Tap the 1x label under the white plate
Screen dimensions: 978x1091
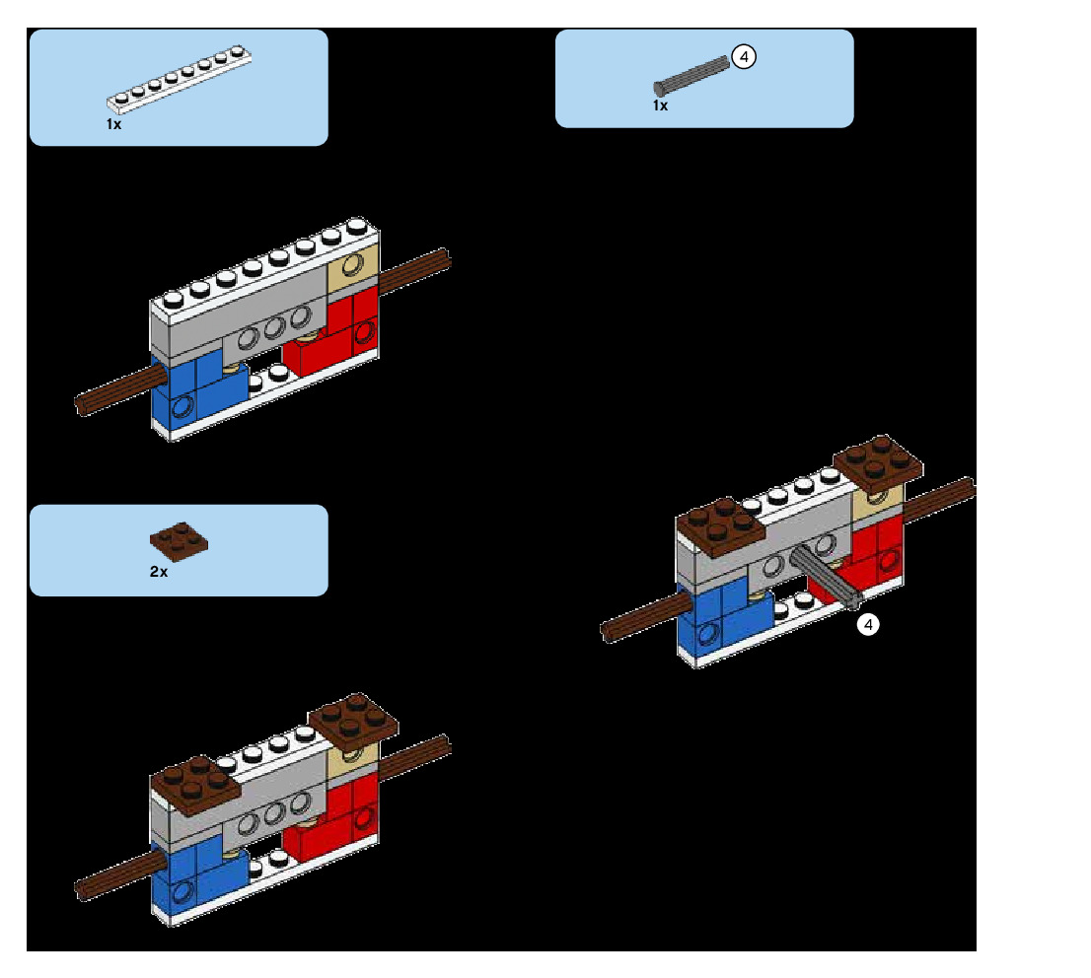[113, 124]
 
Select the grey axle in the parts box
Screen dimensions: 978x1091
[691, 75]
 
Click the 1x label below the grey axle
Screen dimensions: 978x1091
[660, 105]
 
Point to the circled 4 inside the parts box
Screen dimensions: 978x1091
[745, 57]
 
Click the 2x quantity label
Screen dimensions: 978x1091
[159, 571]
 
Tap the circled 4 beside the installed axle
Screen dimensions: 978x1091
[867, 624]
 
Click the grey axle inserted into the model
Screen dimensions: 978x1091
[827, 576]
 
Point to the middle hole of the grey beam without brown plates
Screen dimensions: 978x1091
[273, 327]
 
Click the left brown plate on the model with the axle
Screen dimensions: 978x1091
[721, 526]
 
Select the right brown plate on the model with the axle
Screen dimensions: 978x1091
[878, 461]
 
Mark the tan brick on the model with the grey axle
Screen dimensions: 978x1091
[878, 499]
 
